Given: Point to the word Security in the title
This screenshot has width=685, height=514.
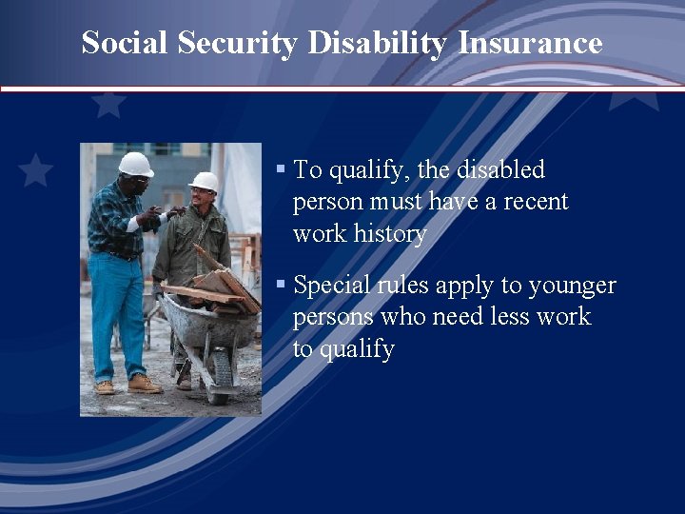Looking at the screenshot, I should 240,43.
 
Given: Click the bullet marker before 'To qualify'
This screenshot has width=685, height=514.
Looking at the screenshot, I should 281,169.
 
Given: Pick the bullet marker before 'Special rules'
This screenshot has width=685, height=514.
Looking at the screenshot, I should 281,285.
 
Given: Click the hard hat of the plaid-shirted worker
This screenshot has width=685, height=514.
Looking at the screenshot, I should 135,164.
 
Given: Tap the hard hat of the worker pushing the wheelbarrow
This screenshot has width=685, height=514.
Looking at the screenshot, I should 204,181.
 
